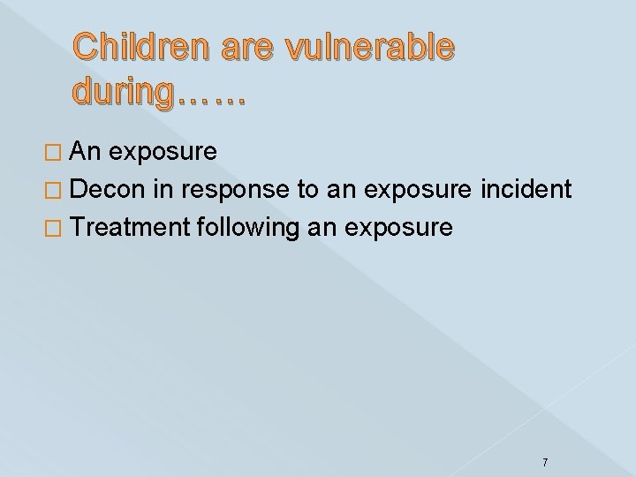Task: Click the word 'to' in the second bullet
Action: pos(314,189)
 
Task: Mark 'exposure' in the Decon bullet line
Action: pos(418,191)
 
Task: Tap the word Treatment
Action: pos(145,227)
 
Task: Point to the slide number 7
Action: pos(545,438)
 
